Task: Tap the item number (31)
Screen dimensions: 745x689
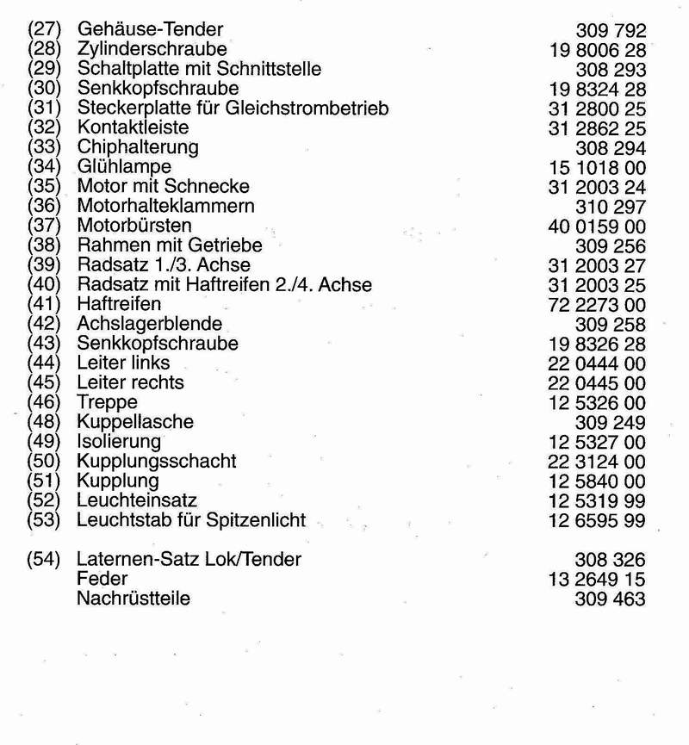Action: click(42, 108)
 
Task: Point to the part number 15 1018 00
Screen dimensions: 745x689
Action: click(597, 167)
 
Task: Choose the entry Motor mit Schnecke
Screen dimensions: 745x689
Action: click(164, 186)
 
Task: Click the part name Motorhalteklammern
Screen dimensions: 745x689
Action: click(166, 206)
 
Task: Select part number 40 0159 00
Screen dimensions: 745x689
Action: click(597, 226)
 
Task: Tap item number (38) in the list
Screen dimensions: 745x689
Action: click(42, 245)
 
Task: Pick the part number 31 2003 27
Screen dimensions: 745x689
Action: click(597, 265)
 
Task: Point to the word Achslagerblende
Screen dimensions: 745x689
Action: click(150, 324)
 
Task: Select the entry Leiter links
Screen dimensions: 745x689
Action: click(123, 363)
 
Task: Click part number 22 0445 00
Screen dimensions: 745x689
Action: click(597, 382)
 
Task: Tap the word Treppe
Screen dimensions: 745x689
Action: click(107, 401)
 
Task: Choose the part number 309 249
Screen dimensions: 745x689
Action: click(610, 422)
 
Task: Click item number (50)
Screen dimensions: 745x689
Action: click(42, 461)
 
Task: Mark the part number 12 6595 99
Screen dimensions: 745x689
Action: click(597, 520)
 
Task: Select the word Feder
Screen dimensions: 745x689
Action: click(102, 579)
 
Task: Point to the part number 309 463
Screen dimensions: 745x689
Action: click(610, 599)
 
